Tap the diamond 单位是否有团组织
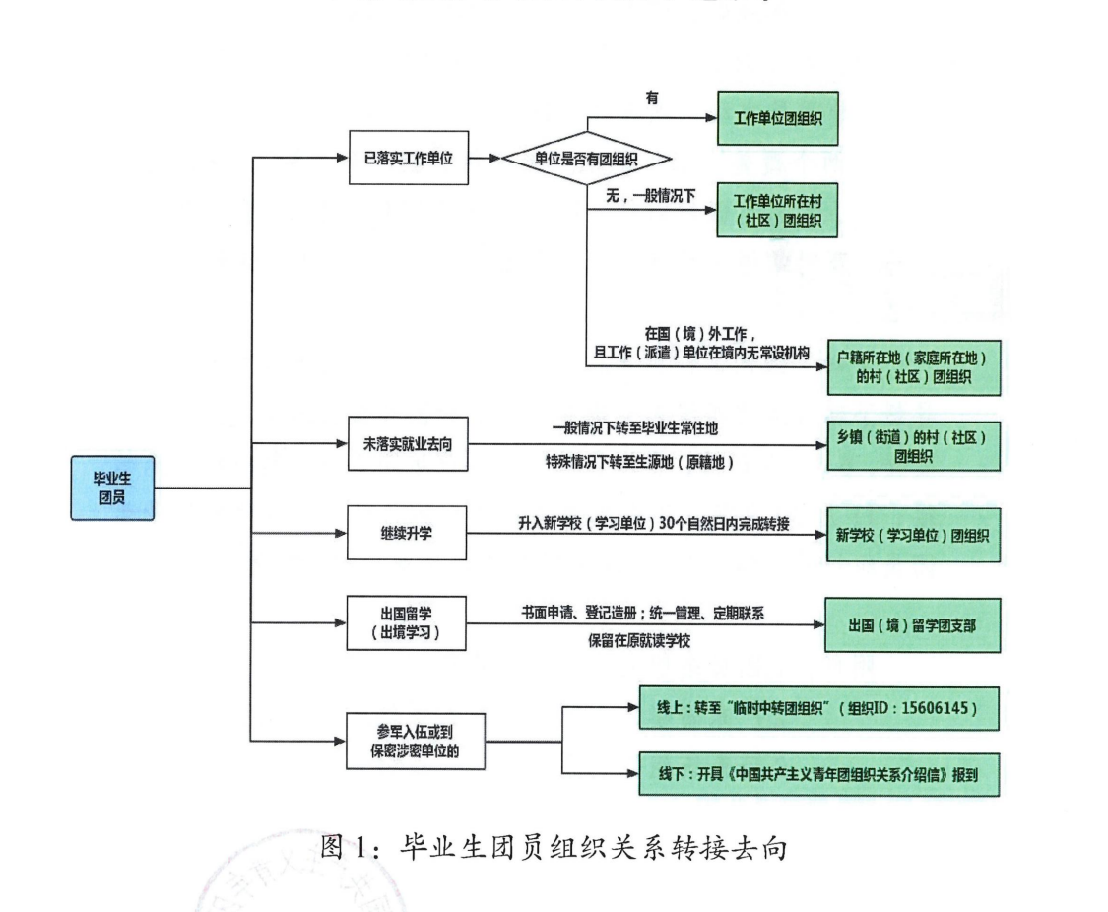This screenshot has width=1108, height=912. click(x=587, y=158)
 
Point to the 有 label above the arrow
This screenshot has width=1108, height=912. click(x=652, y=98)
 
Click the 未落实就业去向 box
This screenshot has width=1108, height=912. click(x=407, y=445)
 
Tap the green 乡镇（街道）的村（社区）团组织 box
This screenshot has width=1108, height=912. click(x=912, y=445)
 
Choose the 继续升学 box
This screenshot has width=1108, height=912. click(x=407, y=535)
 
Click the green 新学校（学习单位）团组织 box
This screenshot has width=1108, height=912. click(x=912, y=535)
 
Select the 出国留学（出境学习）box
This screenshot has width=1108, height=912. click(x=407, y=623)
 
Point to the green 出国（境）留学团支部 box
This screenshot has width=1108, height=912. click(x=912, y=624)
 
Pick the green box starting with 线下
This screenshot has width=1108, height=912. click(x=818, y=775)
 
